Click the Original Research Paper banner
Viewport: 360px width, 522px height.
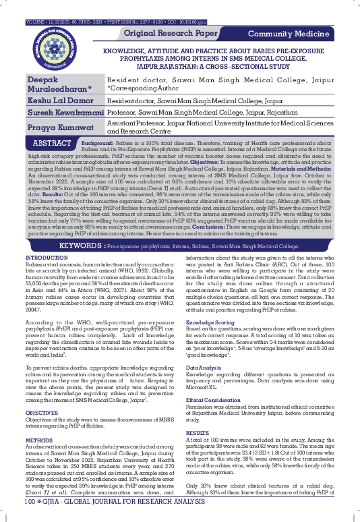click(x=171, y=33)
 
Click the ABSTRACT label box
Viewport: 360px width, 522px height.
click(x=52, y=144)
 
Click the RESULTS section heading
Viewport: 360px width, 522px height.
click(x=198, y=432)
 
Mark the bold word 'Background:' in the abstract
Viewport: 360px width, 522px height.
click(x=96, y=144)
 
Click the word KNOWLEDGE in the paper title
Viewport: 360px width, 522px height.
click(x=125, y=50)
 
